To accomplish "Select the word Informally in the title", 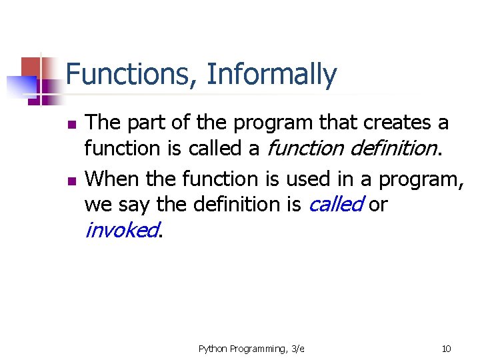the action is [x=272, y=75].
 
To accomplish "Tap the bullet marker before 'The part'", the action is [x=72, y=124].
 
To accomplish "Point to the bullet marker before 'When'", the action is [x=72, y=181].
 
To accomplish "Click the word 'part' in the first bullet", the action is [x=146, y=123].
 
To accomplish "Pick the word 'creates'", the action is [x=397, y=122].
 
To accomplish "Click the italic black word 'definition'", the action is [x=394, y=148].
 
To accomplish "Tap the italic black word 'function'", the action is [x=305, y=149].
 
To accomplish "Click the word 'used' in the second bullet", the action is [x=307, y=179].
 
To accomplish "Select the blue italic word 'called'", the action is [x=337, y=204].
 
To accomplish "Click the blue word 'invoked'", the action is [x=122, y=230].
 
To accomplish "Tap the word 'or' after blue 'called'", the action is [x=378, y=205].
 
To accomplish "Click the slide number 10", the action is [x=446, y=349].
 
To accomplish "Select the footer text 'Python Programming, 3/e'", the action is [x=251, y=349].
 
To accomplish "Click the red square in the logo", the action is [x=31, y=68].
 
